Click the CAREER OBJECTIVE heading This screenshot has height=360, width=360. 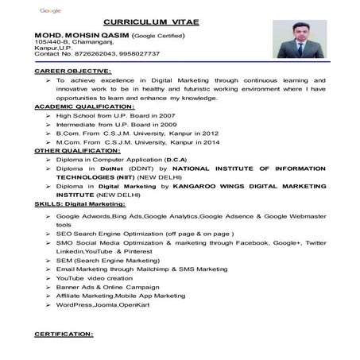pyautogui.click(x=71, y=71)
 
